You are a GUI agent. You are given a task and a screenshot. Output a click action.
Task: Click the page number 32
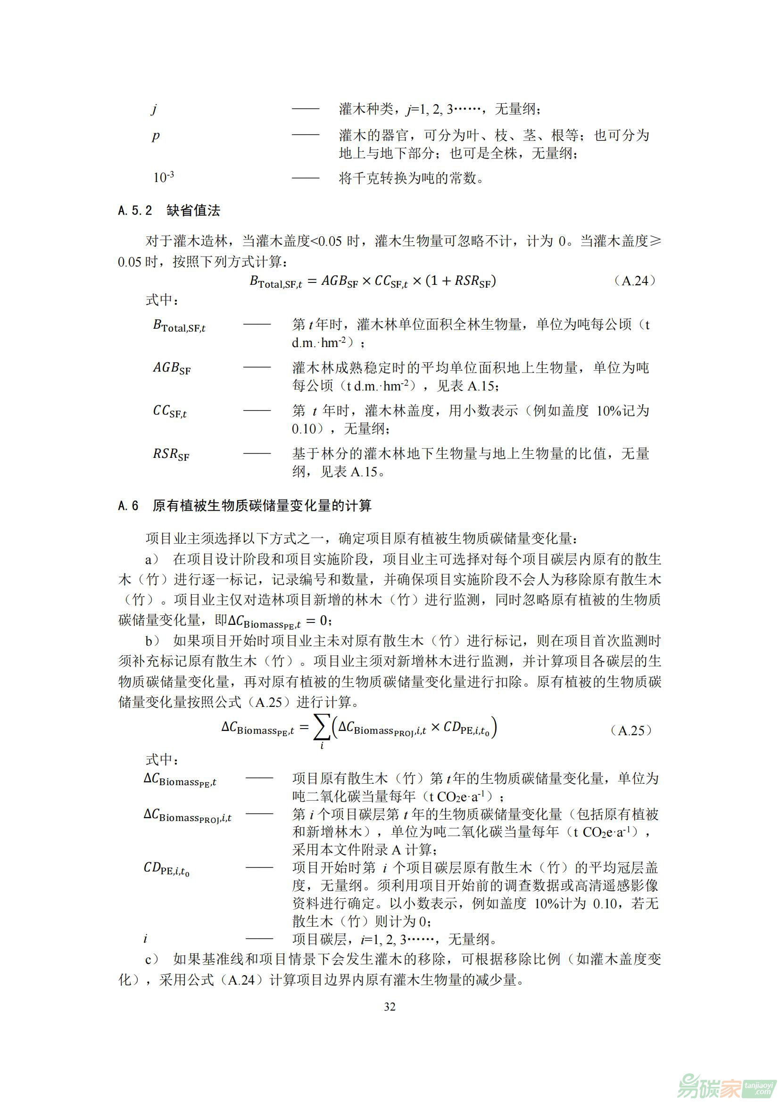tap(390, 1007)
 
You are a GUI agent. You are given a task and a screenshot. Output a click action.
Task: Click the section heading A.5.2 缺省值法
tap(169, 210)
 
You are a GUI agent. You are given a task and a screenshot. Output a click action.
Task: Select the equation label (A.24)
tap(634, 281)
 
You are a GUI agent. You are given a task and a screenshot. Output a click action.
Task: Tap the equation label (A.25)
tap(631, 730)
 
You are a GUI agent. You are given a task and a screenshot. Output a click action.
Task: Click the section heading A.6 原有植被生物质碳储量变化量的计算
tap(245, 506)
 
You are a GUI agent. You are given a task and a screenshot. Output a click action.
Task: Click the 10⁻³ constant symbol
tap(163, 177)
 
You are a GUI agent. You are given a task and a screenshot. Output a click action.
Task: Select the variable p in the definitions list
tap(156, 136)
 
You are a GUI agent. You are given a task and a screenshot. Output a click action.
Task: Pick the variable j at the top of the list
tap(154, 109)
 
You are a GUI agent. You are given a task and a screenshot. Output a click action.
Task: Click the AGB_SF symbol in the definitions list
tap(172, 368)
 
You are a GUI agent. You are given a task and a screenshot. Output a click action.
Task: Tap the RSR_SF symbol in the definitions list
tap(171, 454)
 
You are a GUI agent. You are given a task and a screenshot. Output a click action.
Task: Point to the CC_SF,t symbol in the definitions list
tap(170, 411)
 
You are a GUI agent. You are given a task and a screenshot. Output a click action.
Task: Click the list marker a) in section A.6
tap(152, 559)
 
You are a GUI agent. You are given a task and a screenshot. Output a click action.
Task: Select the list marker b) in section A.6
tap(152, 641)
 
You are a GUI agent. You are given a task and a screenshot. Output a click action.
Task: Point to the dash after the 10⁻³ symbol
tap(306, 178)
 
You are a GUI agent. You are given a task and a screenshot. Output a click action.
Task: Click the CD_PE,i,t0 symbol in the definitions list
tap(166, 868)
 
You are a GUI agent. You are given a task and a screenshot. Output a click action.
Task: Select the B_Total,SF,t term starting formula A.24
tap(276, 282)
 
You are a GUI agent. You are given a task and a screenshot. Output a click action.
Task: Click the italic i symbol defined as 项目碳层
tap(146, 939)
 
